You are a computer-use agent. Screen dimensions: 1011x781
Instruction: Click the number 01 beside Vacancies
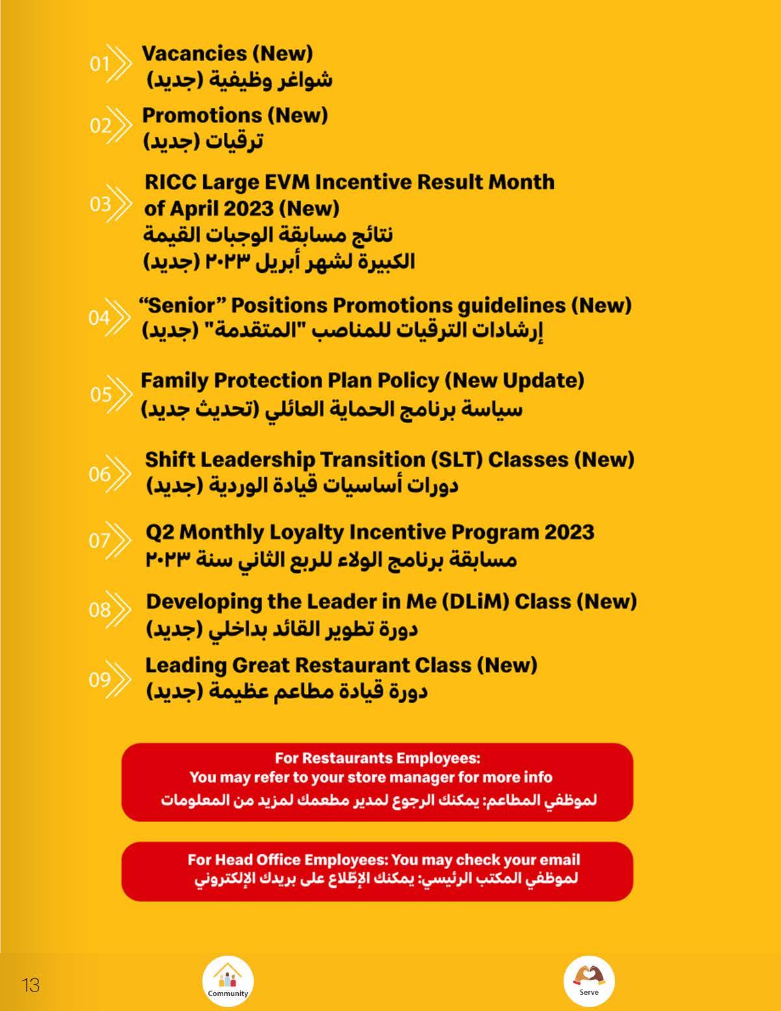point(99,64)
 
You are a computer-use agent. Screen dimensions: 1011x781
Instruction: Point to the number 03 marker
point(100,204)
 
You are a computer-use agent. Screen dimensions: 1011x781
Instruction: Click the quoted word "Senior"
point(181,305)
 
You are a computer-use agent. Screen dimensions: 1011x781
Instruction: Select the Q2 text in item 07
point(159,533)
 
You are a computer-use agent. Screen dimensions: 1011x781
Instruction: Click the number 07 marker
point(100,540)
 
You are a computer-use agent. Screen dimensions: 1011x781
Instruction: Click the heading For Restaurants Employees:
point(377,758)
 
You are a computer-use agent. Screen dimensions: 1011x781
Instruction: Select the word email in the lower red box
point(560,860)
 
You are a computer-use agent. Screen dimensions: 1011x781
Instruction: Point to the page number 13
point(31,985)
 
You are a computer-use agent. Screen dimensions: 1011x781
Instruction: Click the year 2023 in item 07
point(569,533)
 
